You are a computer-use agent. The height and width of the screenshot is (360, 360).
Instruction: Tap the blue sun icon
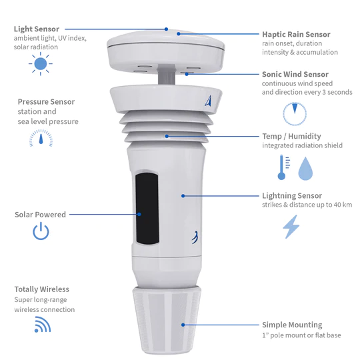point(41,64)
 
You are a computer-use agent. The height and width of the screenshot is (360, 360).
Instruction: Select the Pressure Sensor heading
point(46,102)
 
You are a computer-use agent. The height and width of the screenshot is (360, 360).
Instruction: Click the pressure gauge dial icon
point(41,138)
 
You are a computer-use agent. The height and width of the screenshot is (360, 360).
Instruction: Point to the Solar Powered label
point(40,215)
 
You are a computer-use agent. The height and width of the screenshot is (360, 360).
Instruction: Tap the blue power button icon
point(41,231)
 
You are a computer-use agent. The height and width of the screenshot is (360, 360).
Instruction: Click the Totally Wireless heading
point(41,289)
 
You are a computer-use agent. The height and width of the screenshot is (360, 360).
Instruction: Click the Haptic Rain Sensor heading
point(296,35)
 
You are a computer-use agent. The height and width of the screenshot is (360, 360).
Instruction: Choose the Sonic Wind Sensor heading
point(296,75)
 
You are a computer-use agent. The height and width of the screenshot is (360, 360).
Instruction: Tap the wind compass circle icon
point(293,114)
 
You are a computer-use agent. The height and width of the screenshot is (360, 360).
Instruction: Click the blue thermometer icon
point(283,167)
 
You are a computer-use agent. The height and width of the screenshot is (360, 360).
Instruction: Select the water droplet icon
point(305,169)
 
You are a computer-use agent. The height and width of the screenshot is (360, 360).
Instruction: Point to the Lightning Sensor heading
point(292,196)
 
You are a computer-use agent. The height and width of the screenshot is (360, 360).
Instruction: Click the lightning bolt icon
point(292,227)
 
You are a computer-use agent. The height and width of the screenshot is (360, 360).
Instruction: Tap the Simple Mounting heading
point(292,325)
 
